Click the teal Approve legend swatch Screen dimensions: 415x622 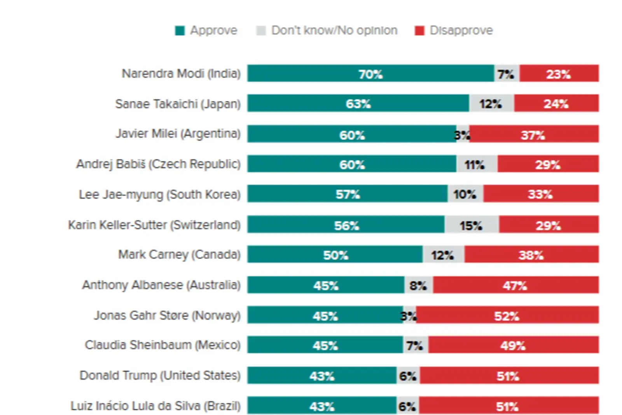[180, 31]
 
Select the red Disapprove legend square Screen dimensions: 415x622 [419, 31]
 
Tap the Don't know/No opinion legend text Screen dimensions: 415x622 [334, 30]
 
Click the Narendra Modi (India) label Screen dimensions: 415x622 [181, 74]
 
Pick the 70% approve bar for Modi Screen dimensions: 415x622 [370, 74]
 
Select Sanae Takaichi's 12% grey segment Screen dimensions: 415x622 [491, 103]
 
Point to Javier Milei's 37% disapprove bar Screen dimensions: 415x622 [533, 134]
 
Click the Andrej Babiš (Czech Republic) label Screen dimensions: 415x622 [158, 164]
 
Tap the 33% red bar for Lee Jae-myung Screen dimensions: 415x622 [540, 194]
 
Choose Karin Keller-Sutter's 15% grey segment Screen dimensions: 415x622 [471, 225]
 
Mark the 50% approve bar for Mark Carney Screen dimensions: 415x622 [335, 255]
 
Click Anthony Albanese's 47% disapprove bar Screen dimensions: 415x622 [515, 285]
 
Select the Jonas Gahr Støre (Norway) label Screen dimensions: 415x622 [167, 315]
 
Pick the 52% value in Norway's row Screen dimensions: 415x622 [507, 316]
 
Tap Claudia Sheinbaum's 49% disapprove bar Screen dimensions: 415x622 [513, 345]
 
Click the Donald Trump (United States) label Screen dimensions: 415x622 [160, 375]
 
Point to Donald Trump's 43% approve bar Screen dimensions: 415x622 [322, 376]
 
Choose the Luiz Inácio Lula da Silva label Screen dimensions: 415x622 [155, 406]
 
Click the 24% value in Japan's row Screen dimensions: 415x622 [556, 103]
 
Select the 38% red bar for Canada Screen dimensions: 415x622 [531, 255]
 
